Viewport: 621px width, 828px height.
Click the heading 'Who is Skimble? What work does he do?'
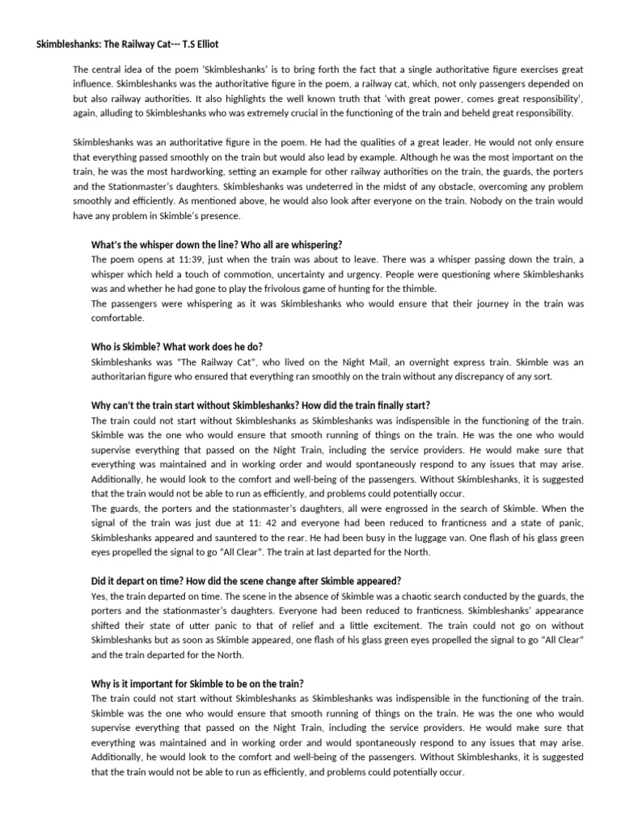[177, 346]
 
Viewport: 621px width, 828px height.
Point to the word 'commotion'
[213, 273]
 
